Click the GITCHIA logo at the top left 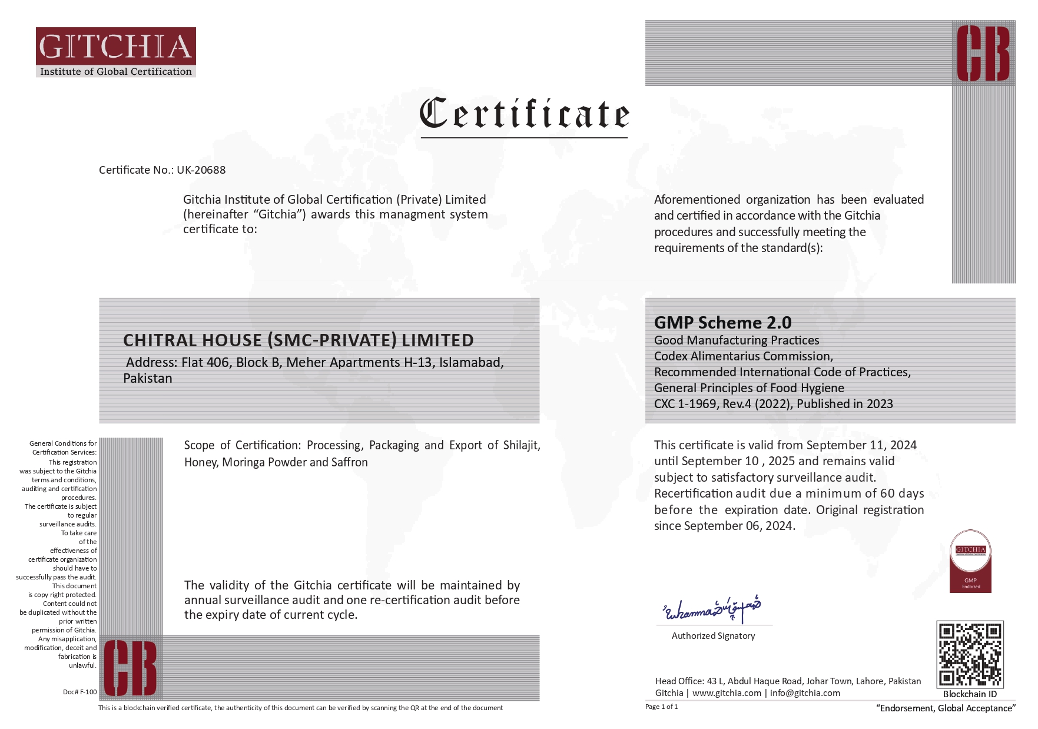115,52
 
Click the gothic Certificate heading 524,114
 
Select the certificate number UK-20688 201,170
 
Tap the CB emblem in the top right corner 983,54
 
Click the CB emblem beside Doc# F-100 131,668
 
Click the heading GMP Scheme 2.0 722,323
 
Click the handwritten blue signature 712,609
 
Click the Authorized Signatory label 713,636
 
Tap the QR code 969,654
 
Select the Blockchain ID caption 970,694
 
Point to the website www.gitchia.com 727,693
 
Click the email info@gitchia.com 805,693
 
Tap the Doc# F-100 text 79,692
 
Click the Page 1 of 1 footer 661,707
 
